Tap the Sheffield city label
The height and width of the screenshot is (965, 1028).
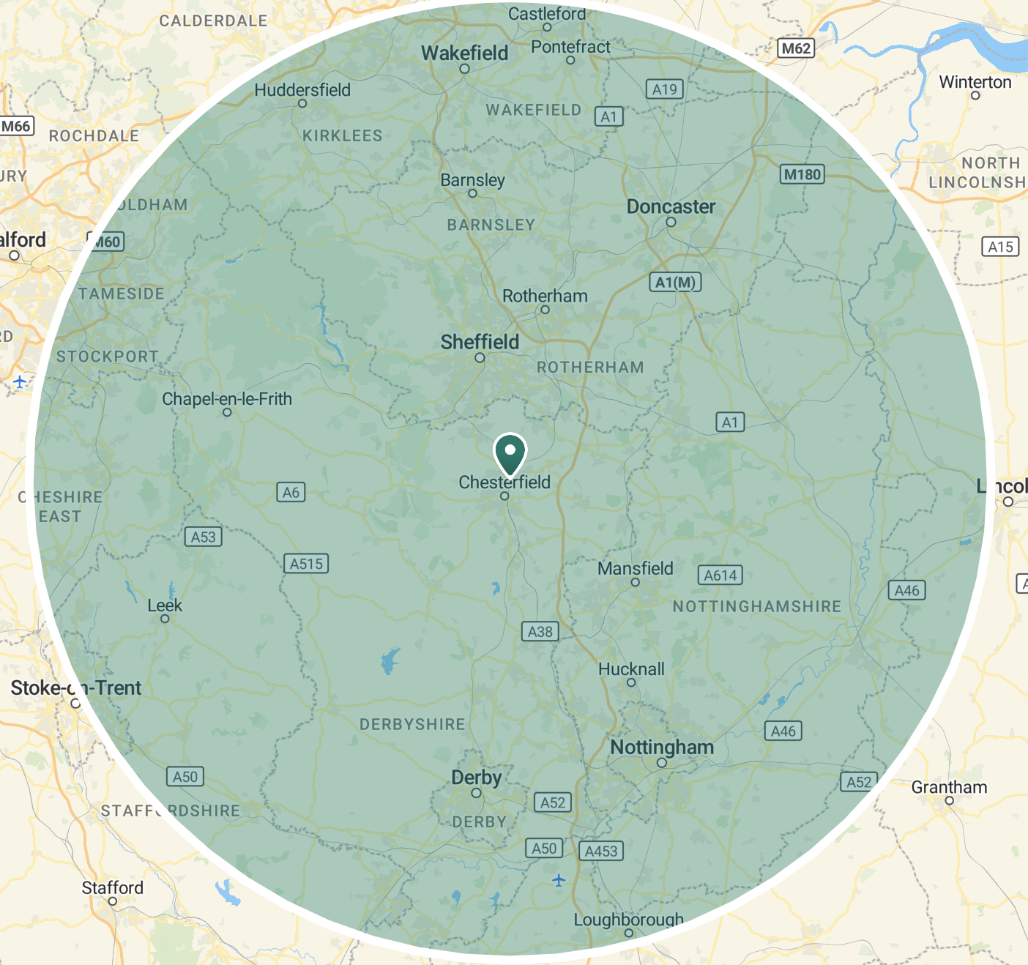coord(480,342)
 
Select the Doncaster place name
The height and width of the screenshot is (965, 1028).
coord(671,207)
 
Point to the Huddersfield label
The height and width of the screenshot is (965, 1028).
coord(302,90)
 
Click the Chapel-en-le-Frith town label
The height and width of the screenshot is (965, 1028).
coord(227,399)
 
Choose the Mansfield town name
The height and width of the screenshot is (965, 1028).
coord(635,568)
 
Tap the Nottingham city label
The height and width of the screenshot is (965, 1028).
coord(662,748)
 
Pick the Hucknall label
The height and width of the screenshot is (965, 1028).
coord(631,669)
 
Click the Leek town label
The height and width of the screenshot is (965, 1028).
coord(165,606)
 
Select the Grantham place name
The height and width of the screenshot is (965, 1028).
coord(949,787)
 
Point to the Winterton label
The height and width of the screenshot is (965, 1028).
coord(975,82)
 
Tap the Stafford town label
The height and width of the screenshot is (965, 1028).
coord(113,887)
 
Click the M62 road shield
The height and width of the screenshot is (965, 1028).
coord(796,48)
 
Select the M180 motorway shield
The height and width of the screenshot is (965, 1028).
coord(802,174)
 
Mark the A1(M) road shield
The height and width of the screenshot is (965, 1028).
coord(675,283)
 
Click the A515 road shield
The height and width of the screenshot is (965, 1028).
coord(306,564)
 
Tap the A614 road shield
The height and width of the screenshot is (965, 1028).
coord(720,575)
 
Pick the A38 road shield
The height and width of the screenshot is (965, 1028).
coord(540,632)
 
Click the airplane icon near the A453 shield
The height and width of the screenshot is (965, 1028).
coord(559,879)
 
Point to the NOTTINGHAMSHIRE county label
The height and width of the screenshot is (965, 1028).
coord(757,606)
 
